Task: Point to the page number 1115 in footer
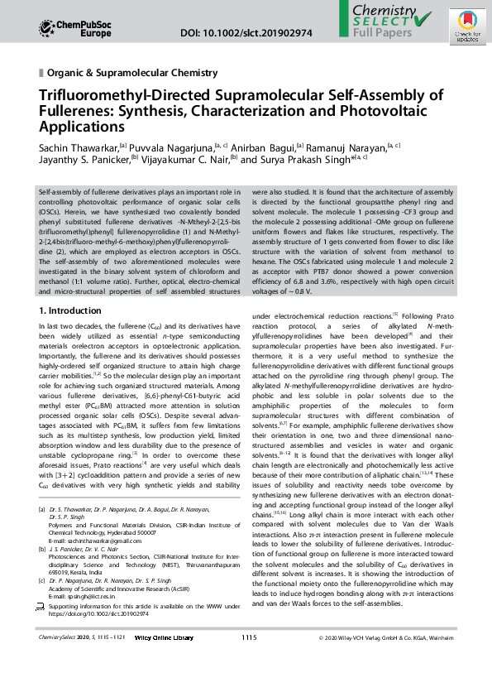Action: pos(249,661)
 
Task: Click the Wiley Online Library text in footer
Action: pos(164,661)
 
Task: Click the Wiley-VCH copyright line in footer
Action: pos(385,661)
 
